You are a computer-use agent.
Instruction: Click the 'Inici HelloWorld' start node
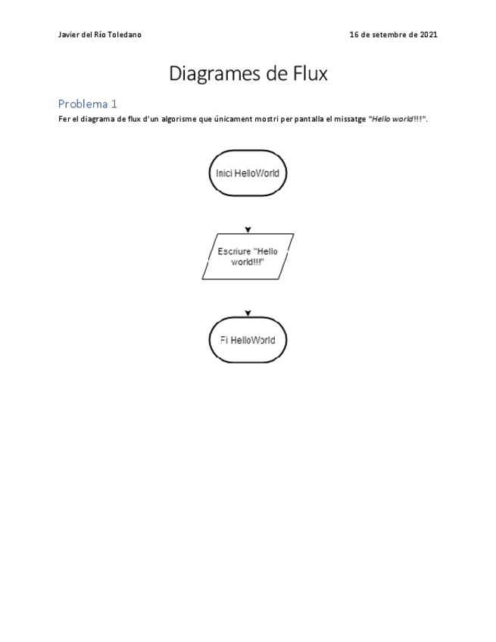[x=248, y=173]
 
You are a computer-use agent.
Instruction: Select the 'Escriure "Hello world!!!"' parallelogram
[x=248, y=257]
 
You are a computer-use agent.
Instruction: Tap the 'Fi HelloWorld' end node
[x=248, y=340]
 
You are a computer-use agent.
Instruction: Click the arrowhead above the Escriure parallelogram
[x=248, y=229]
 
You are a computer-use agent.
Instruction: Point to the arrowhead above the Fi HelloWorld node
[x=248, y=313]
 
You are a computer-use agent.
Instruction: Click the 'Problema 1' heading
[x=88, y=104]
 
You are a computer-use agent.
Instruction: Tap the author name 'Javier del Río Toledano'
[x=99, y=35]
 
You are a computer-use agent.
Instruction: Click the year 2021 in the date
[x=428, y=35]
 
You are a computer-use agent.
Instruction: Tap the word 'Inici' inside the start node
[x=224, y=173]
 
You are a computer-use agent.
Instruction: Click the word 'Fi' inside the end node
[x=224, y=340]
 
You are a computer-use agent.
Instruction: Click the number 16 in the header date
[x=354, y=35]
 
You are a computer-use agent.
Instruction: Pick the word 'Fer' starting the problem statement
[x=64, y=120]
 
